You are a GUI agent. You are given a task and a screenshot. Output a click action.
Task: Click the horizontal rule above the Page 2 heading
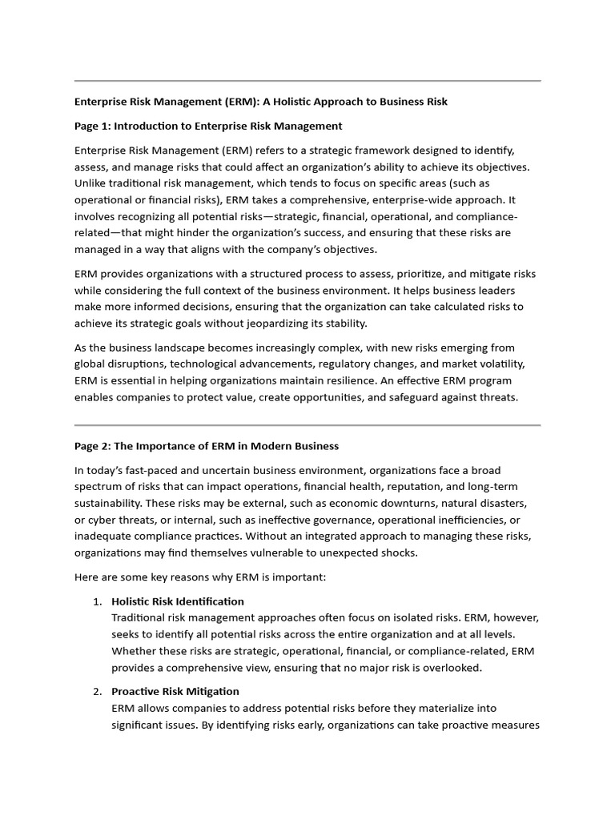point(307,425)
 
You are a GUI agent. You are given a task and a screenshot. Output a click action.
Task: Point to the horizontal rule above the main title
point(307,81)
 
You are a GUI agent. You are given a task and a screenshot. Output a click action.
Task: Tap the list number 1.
point(96,601)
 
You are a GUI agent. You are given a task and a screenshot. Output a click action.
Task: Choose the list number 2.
point(96,691)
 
